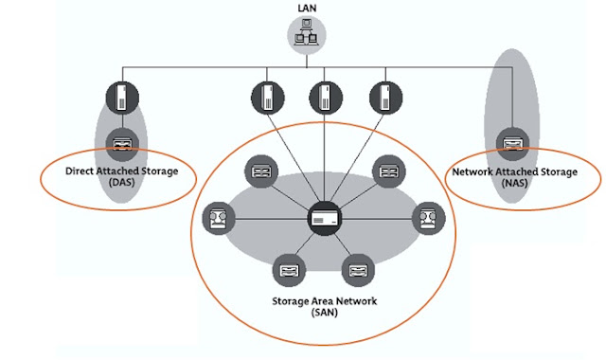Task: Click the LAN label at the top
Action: [x=307, y=9]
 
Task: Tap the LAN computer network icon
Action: [x=307, y=35]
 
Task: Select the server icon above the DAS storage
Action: [x=122, y=98]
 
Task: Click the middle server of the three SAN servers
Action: [x=326, y=98]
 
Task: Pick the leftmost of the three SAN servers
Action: [x=267, y=98]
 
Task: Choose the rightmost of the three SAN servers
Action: [x=385, y=98]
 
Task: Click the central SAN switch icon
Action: [x=325, y=219]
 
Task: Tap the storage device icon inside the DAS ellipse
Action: [x=122, y=145]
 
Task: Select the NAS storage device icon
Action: [x=513, y=144]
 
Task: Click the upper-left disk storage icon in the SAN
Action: [x=261, y=171]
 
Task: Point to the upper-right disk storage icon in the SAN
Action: [x=389, y=171]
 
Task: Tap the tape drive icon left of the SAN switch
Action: [x=219, y=219]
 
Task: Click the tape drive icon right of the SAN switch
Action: [x=429, y=219]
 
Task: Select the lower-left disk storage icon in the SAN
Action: [x=289, y=270]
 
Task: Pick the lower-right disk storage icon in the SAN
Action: [x=358, y=270]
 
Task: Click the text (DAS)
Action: [x=122, y=182]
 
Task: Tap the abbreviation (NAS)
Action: [x=515, y=183]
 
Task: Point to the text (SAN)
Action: [x=325, y=313]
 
